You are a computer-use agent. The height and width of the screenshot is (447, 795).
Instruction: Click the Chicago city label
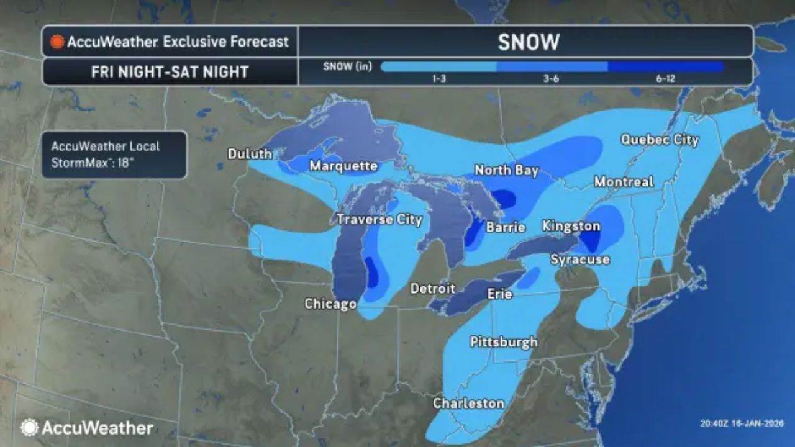click(330, 304)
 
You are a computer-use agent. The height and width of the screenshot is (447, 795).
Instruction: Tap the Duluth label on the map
click(250, 154)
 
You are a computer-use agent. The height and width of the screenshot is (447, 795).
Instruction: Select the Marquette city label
click(343, 166)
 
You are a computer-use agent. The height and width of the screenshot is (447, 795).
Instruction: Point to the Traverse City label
click(379, 219)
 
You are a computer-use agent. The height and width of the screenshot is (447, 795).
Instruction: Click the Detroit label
click(433, 289)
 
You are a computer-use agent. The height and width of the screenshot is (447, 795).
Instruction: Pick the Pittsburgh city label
click(504, 342)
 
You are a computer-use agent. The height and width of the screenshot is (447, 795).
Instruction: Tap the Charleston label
click(469, 403)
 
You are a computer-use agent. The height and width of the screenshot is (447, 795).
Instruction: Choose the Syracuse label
click(580, 260)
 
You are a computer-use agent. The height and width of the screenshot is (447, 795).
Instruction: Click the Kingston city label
click(571, 226)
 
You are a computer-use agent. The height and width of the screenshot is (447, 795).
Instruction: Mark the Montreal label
click(624, 182)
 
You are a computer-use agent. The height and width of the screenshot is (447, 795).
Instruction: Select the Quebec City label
click(660, 140)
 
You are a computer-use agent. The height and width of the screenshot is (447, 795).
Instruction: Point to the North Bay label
click(506, 170)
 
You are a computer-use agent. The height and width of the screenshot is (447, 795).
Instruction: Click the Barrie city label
click(506, 227)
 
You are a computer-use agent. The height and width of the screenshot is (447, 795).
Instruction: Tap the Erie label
click(499, 294)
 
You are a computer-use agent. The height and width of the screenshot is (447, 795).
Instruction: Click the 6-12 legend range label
click(665, 79)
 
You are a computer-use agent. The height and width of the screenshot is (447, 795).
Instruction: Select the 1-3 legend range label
click(438, 79)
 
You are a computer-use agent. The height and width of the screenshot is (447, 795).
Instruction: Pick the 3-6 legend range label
click(551, 79)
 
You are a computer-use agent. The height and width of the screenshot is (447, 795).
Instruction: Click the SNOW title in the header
click(529, 42)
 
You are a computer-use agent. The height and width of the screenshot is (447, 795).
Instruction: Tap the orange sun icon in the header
click(58, 42)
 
